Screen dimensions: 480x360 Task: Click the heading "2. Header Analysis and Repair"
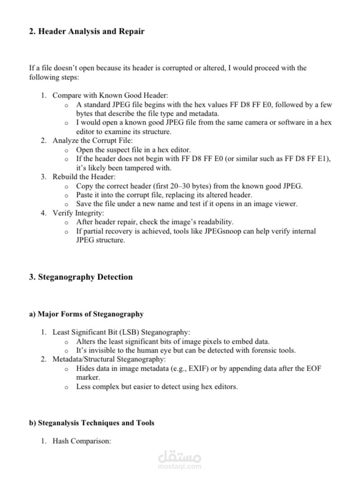click(x=87, y=32)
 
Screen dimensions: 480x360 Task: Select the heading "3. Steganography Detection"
click(x=81, y=277)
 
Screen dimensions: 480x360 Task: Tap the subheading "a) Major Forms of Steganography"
click(x=86, y=314)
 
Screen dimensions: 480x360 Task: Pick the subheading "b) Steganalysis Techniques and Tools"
click(x=92, y=423)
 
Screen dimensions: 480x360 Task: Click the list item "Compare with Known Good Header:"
click(x=110, y=96)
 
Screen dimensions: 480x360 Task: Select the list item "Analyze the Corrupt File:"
click(x=93, y=141)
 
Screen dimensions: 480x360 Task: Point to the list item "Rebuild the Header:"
click(x=84, y=177)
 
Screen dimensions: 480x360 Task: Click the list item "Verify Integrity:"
click(x=78, y=213)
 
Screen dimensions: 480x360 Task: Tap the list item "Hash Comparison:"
click(x=82, y=441)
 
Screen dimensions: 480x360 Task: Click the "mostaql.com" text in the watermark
click(x=180, y=466)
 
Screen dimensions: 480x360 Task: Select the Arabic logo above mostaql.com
click(x=180, y=456)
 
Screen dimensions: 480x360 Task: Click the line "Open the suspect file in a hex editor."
click(x=133, y=150)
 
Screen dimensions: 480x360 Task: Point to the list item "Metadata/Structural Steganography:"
click(x=109, y=359)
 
